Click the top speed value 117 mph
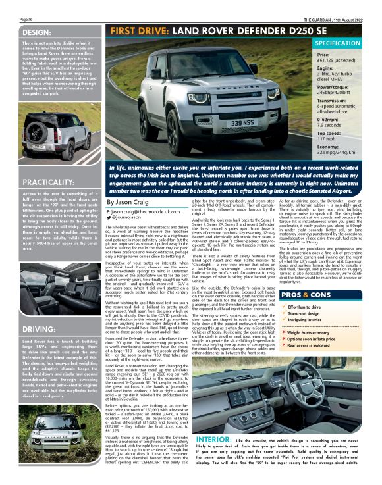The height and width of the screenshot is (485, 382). [327, 139]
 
